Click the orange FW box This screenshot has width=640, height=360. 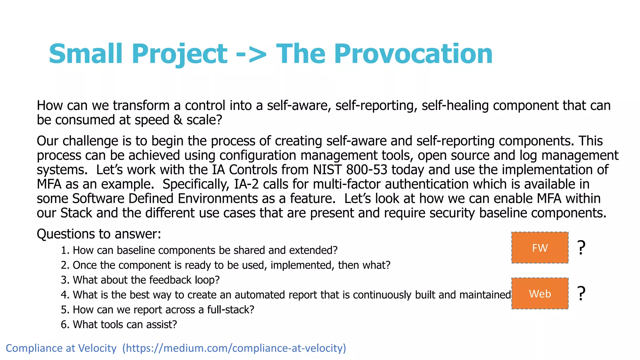540,247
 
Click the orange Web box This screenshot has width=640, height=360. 540,293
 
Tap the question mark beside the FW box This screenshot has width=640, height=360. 581,247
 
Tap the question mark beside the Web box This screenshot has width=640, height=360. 581,293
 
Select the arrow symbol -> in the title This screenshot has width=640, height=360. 251,54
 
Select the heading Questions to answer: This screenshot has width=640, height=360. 99,234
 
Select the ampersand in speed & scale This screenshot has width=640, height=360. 178,120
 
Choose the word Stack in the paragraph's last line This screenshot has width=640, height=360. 76,213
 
